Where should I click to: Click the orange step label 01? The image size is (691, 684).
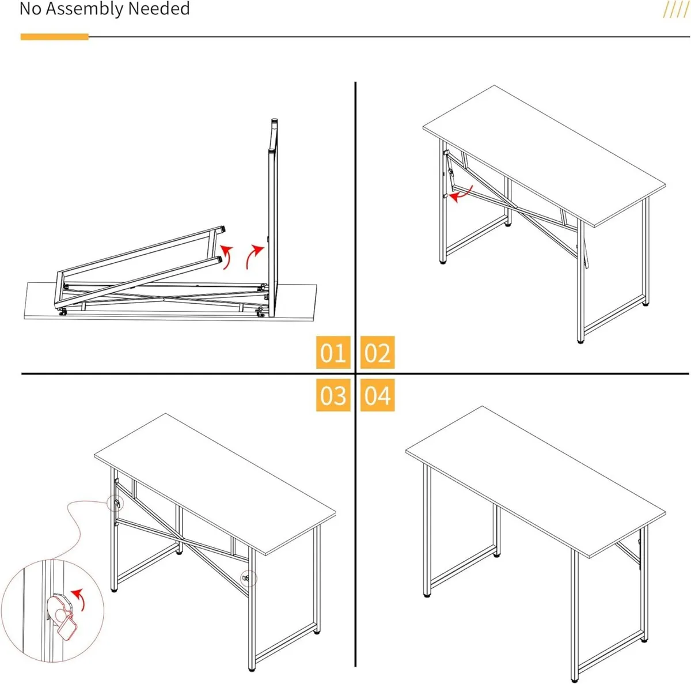pos(333,352)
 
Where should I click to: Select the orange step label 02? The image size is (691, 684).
pos(377,352)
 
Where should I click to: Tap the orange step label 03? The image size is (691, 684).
pos(333,395)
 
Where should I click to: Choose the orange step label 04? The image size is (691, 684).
pos(377,395)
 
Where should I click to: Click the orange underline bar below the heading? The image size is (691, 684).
pos(54,37)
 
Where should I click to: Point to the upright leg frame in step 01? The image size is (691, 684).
pos(272,219)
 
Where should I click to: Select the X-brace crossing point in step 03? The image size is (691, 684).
pos(182,541)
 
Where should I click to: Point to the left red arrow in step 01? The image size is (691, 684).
pos(227,256)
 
